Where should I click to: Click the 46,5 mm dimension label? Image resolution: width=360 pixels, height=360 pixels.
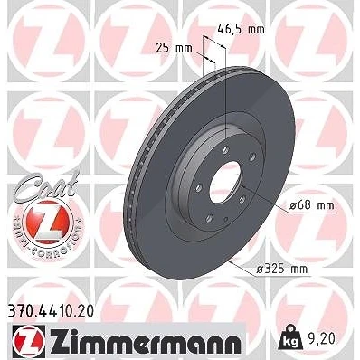[x=241, y=30]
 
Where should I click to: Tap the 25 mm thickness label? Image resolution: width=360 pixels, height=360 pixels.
[x=174, y=48]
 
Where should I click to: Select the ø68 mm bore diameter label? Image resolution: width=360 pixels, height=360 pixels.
[x=312, y=205]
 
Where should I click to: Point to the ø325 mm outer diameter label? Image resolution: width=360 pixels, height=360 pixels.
[x=282, y=269]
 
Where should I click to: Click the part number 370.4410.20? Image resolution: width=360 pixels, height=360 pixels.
[x=50, y=312]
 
